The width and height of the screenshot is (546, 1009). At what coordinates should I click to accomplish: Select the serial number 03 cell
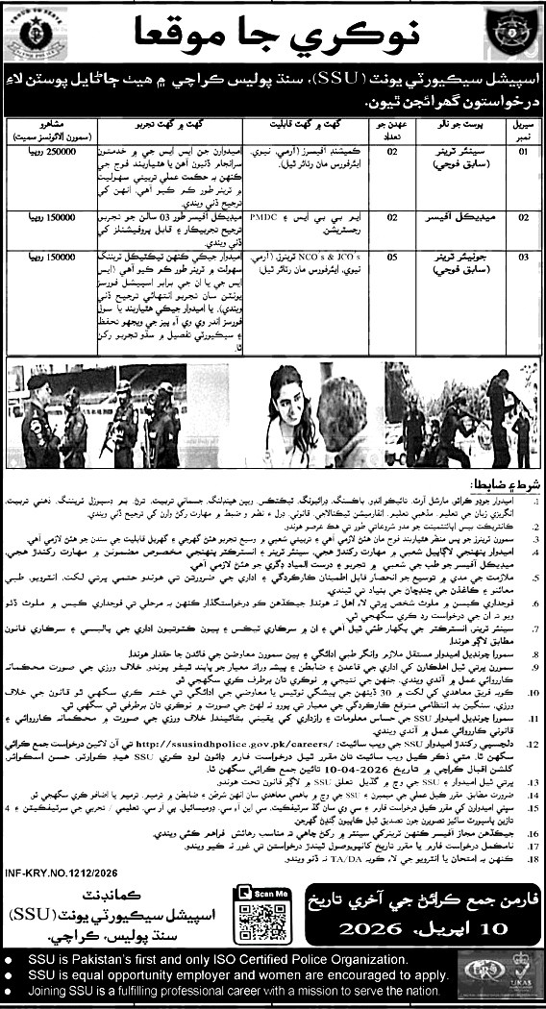517,257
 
